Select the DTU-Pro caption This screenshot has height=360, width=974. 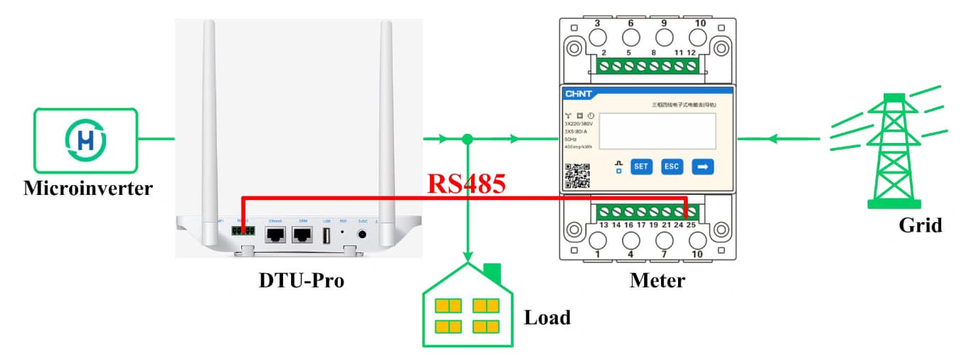pos(301,280)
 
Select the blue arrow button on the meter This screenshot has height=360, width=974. pos(702,166)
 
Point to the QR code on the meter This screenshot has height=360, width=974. pos(578,176)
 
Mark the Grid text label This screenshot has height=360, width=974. pos(920,226)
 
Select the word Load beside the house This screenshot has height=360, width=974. pos(547,317)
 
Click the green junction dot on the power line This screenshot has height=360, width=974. pos(467,139)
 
